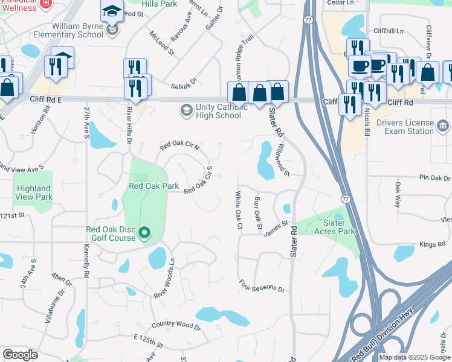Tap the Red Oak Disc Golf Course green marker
144,232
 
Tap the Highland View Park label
34,192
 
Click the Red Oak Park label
153,186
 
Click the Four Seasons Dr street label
261,285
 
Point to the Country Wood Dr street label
175,326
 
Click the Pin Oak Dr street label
436,178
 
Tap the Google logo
21,355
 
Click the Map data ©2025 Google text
415,357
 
